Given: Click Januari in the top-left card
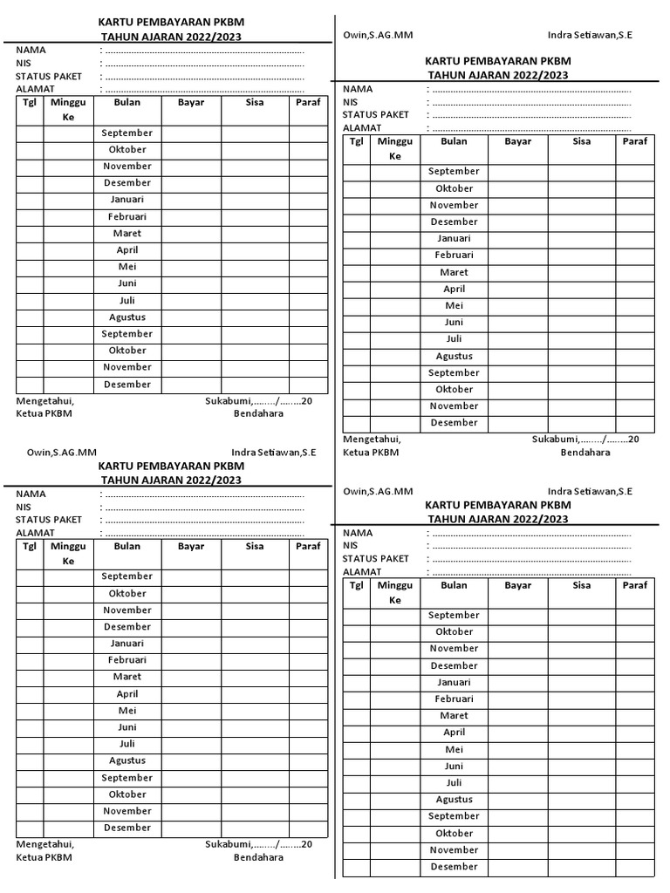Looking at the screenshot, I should tap(126, 200).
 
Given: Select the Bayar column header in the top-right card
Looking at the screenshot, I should tap(518, 141).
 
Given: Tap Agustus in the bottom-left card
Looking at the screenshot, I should tap(126, 760).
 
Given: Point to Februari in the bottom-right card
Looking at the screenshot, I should tap(454, 699).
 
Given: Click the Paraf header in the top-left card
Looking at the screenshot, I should tap(308, 103).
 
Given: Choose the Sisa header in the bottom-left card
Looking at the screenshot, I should tap(255, 547).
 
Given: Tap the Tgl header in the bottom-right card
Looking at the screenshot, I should tap(356, 585).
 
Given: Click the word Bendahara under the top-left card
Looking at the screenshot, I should tap(258, 413).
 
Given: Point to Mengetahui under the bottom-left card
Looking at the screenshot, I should tap(45, 844).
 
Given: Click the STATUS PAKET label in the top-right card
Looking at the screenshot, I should tap(375, 115).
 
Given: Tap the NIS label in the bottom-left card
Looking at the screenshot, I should tap(24, 507).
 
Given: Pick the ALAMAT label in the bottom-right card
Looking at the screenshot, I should tap(362, 572).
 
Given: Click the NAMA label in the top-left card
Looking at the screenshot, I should tap(31, 51).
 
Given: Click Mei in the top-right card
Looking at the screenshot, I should tap(454, 306).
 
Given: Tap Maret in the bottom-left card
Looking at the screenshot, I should tap(126, 677).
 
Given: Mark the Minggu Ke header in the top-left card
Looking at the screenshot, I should tap(69, 110).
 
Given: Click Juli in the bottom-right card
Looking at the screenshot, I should tap(454, 783).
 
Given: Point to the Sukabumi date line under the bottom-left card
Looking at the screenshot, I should tap(258, 844).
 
